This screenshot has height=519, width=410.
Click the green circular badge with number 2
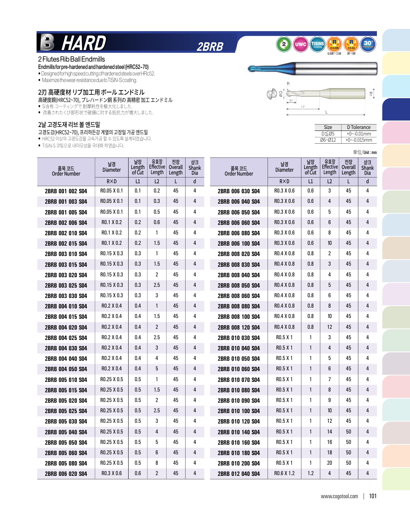pos(284,44)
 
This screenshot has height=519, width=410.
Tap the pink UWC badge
pos(300,44)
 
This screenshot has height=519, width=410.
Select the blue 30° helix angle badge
pos(368,44)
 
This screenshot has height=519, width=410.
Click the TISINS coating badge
pos(317,44)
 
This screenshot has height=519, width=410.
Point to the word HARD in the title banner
pos(84,43)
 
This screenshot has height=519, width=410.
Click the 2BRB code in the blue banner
pos(210,47)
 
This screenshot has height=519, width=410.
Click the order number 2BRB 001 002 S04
pos(66,191)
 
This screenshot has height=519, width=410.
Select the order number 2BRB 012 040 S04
pos(239,474)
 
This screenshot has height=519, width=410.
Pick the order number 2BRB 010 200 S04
pos(239,463)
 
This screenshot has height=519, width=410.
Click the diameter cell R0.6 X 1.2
pos(284,473)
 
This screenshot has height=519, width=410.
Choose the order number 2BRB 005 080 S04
pos(66,463)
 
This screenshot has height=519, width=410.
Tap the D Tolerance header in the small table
pos(358,127)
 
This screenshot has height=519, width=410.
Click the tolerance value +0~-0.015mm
pos(358,140)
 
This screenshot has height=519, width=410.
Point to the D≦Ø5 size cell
pos(328,134)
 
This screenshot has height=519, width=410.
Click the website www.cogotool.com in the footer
pos(339,496)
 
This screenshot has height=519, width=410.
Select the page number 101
pos(373,496)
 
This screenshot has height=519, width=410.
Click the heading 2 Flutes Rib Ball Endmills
pos(72,59)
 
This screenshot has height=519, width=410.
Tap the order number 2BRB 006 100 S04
pos(239,243)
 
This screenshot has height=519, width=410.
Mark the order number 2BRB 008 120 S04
pos(239,327)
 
